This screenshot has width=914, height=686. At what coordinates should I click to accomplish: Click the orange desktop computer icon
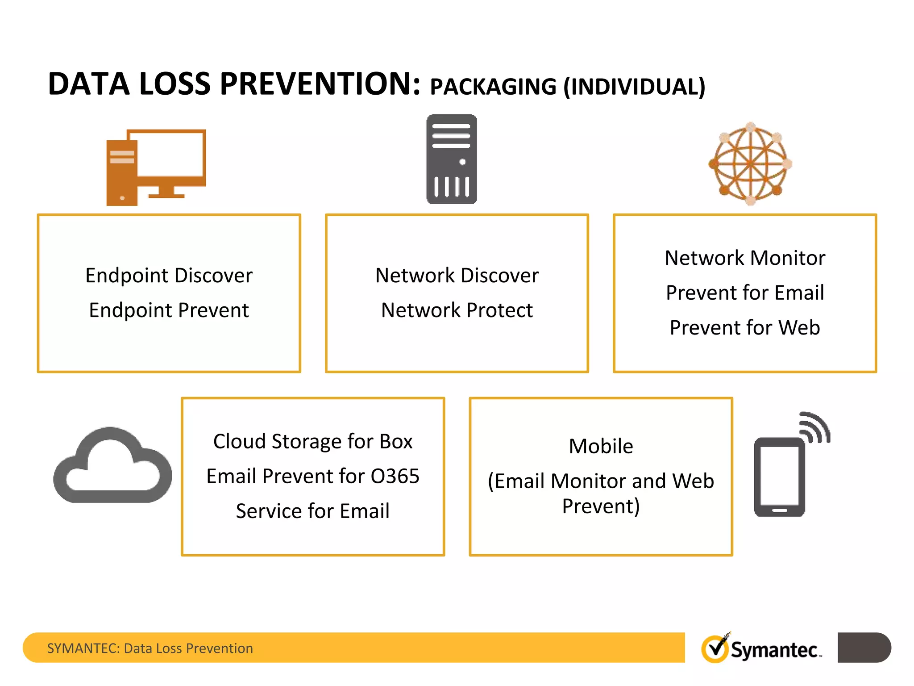[156, 167]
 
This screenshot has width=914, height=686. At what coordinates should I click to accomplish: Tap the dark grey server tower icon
[451, 159]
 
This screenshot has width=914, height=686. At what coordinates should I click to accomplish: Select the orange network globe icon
[751, 164]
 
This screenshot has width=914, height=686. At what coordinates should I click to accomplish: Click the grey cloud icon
[112, 467]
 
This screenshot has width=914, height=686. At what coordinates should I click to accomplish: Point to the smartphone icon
[779, 477]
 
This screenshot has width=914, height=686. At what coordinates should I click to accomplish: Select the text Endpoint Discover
[169, 276]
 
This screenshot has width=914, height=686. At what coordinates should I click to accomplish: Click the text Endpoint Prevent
[169, 310]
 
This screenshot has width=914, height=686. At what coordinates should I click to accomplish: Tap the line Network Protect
[457, 310]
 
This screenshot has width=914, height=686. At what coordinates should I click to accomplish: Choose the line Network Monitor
[744, 258]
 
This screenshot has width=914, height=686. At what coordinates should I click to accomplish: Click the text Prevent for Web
[744, 328]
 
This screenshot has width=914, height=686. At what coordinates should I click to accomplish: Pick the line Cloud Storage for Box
[313, 442]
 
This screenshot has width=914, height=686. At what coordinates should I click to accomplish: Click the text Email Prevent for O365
[313, 477]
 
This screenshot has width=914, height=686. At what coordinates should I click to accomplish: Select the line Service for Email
[313, 511]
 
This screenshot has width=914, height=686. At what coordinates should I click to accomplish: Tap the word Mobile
[601, 447]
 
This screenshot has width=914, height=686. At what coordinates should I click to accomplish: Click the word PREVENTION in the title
[320, 84]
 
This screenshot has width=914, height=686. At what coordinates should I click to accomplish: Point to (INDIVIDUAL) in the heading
[634, 87]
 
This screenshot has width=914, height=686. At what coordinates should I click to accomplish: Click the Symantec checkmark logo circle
[715, 648]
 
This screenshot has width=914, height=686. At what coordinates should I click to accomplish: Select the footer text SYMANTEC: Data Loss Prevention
[150, 648]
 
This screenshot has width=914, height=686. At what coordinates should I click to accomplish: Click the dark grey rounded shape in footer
[864, 648]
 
